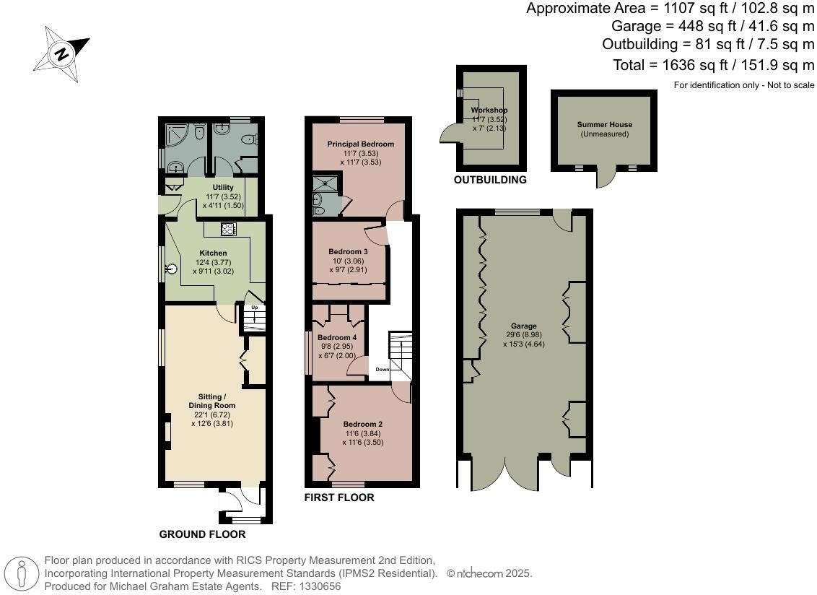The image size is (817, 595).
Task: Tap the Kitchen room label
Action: tap(214, 253)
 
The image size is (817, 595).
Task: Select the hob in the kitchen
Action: tap(229, 230)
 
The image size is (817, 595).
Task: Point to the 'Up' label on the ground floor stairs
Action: tap(254, 307)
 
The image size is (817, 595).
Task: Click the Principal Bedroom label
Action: tap(361, 144)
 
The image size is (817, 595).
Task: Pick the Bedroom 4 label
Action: tap(337, 337)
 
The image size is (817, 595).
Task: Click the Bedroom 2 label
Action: tap(362, 424)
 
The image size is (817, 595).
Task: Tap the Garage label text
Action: tap(523, 326)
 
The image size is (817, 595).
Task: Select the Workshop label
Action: tap(489, 110)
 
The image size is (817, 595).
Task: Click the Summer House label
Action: tap(604, 124)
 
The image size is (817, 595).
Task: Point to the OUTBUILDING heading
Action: tap(489, 180)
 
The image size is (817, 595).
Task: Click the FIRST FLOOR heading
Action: tap(338, 498)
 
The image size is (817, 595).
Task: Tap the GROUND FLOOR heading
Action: tap(202, 534)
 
